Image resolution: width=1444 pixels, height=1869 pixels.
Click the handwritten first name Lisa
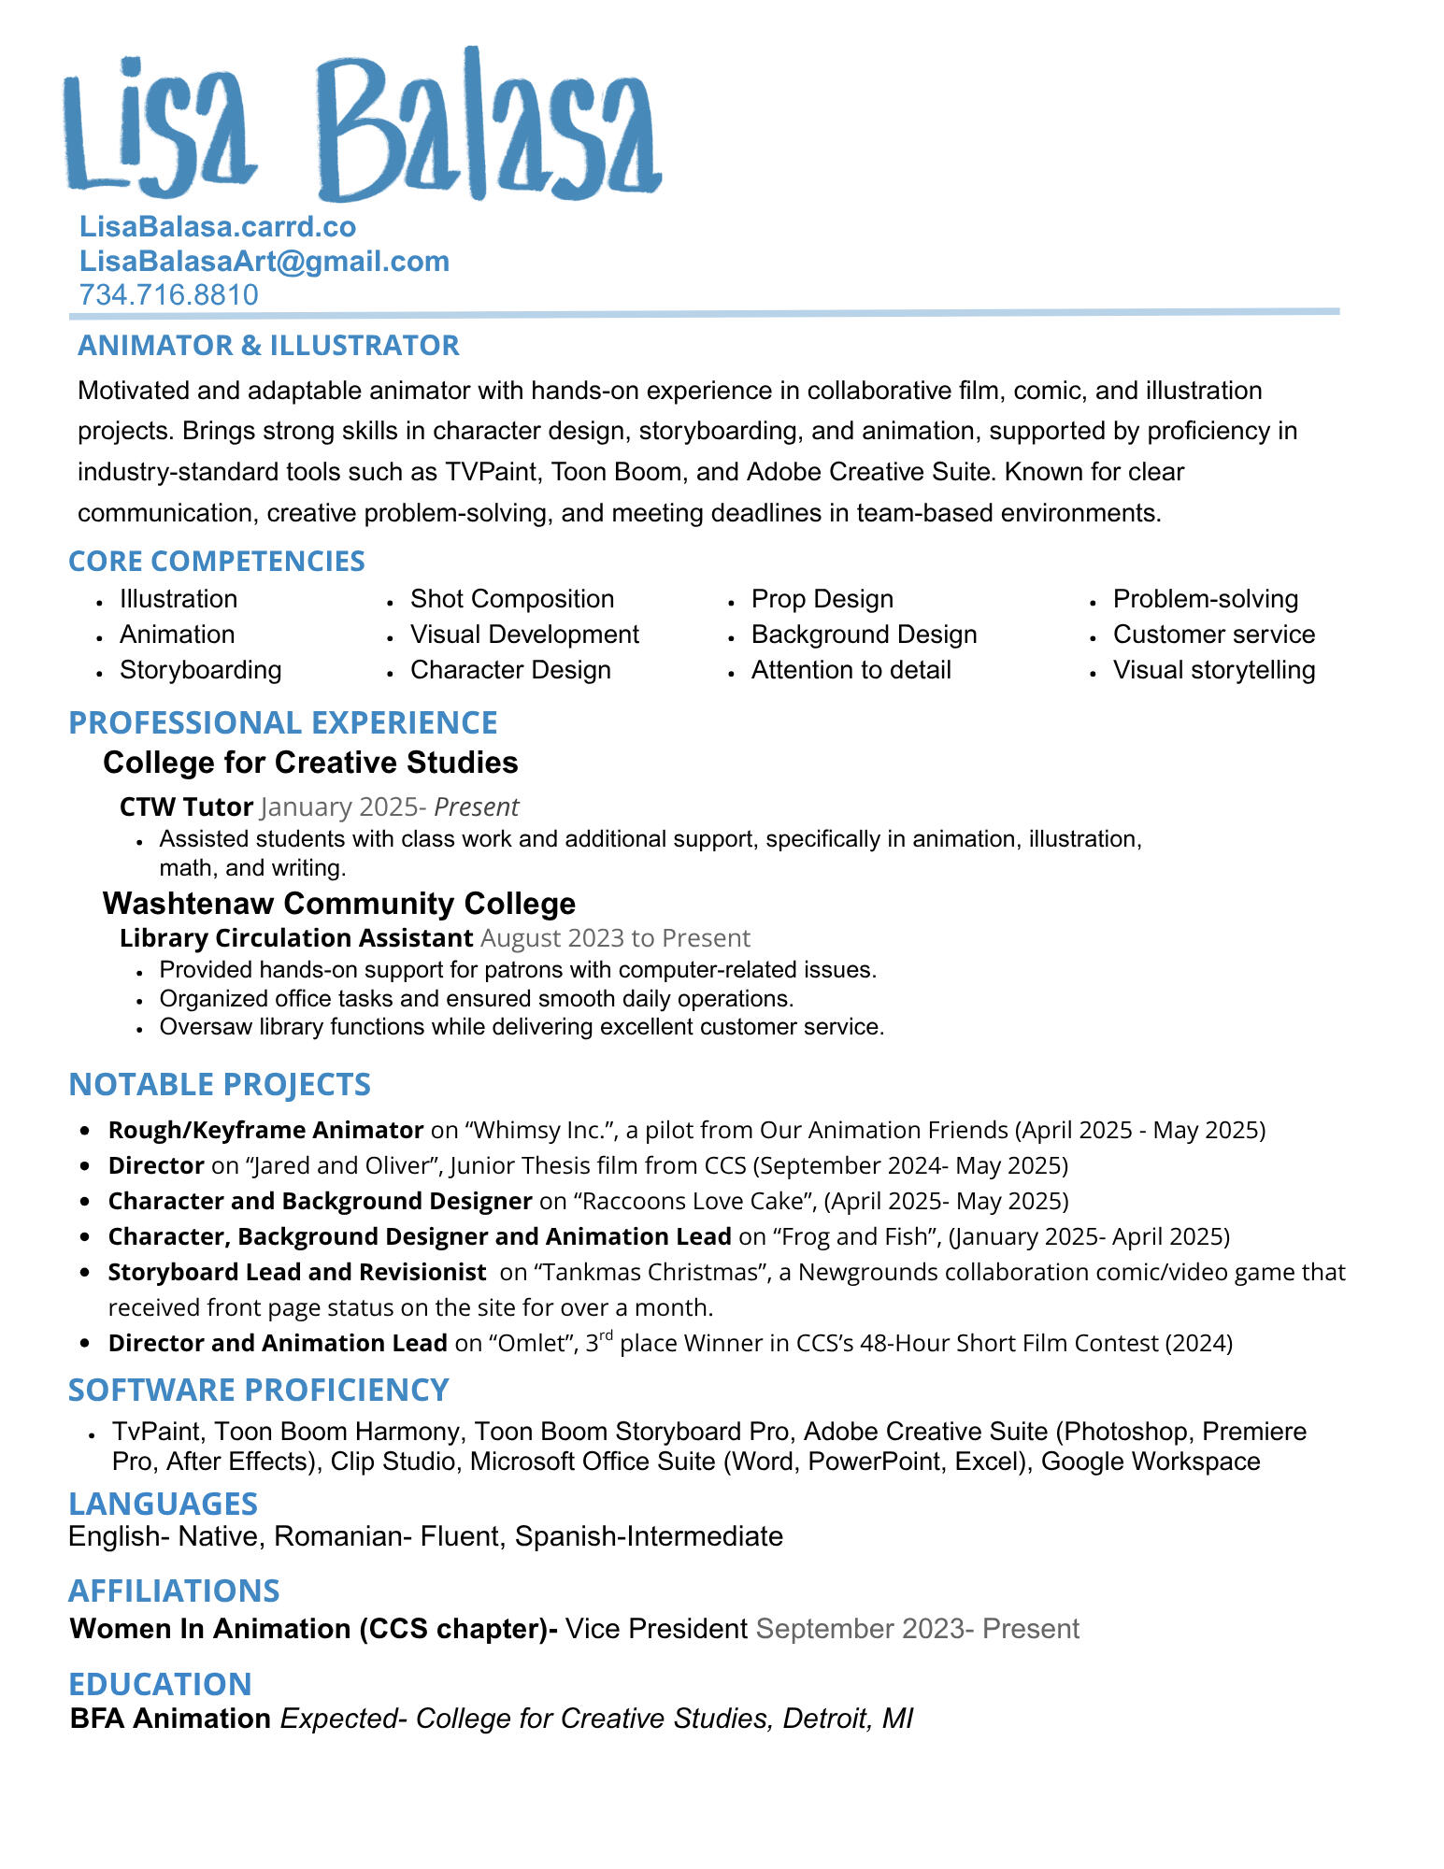tap(159, 126)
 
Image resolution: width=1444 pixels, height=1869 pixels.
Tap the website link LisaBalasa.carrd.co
tap(217, 227)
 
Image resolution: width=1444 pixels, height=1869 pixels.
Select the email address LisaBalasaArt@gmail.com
tap(264, 261)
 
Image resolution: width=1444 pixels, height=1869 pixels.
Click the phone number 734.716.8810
tap(168, 294)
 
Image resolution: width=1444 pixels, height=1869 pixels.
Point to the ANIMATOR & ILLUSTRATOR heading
tap(268, 345)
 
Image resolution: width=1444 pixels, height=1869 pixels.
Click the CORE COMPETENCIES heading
tap(216, 561)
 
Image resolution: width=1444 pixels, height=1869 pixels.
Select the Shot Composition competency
tap(511, 599)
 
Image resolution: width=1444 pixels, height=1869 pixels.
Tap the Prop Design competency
tap(822, 599)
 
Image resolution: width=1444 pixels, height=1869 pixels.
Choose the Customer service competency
tap(1213, 635)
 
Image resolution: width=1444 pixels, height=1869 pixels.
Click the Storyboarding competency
tap(200, 670)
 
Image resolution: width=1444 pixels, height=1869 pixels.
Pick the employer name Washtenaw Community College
tap(338, 904)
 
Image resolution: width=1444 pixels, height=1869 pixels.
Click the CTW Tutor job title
tap(186, 806)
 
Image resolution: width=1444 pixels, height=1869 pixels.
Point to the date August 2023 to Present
tap(615, 938)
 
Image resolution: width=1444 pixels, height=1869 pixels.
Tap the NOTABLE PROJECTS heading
tap(220, 1084)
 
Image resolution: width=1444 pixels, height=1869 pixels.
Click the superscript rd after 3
tap(606, 1335)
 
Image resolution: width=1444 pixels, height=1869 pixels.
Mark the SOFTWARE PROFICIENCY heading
tap(258, 1390)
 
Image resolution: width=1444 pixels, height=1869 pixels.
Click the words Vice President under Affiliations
tap(656, 1629)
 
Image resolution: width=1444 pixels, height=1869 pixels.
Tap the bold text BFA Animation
tap(170, 1719)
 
